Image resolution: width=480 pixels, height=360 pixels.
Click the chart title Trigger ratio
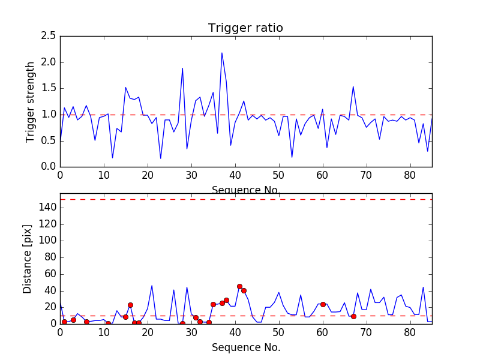coord(245,28)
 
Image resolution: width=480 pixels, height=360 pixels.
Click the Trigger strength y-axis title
coord(31,101)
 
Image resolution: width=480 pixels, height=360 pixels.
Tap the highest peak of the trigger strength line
coord(222,53)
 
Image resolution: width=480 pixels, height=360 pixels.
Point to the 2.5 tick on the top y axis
coord(49,36)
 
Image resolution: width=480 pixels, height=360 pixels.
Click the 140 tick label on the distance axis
coord(47,208)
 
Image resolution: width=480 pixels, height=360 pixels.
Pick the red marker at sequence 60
coord(323,304)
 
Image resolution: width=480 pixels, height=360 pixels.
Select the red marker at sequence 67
coord(353,316)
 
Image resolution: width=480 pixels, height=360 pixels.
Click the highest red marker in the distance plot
coord(239,286)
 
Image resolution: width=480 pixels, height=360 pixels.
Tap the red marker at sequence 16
coord(130,305)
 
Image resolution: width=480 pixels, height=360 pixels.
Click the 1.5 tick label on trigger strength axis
coord(49,88)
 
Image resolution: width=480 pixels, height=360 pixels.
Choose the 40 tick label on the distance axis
coord(50,290)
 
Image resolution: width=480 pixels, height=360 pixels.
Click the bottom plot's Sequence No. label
coord(245,347)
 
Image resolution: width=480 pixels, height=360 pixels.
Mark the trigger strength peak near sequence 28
coord(182,68)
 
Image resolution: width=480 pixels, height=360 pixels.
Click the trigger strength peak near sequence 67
coord(353,86)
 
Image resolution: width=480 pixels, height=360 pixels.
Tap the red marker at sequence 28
coord(182,323)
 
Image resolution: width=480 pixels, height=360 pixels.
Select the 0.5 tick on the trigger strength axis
coord(49,140)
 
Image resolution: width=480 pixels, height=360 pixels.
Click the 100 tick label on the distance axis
coord(47,241)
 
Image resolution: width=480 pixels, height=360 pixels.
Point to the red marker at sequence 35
coord(213,304)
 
